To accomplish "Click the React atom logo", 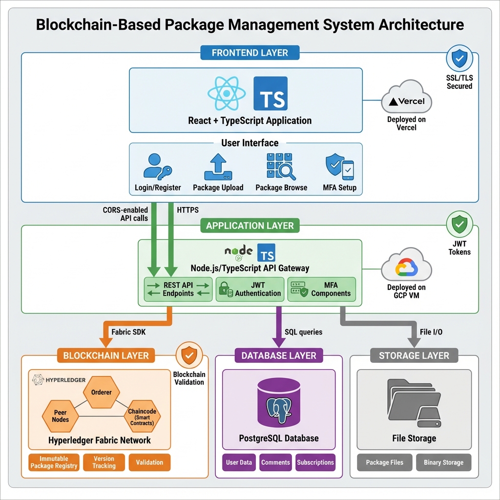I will click(x=226, y=94).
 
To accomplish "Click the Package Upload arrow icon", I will click(x=218, y=167).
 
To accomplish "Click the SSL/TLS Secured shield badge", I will click(x=459, y=59).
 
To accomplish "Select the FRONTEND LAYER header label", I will click(x=250, y=53).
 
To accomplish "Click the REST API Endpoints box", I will click(x=178, y=289).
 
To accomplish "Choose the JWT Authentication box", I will click(x=250, y=289).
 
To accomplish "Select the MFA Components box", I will click(x=321, y=289).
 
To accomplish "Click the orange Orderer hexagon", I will click(x=101, y=392).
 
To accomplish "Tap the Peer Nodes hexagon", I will click(x=61, y=416).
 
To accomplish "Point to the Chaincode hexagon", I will click(x=142, y=416).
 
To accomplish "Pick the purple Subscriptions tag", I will click(x=315, y=462).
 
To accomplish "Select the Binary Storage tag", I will click(x=443, y=462).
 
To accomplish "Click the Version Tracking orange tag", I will click(x=104, y=462).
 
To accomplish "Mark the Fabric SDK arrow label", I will click(x=128, y=332).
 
